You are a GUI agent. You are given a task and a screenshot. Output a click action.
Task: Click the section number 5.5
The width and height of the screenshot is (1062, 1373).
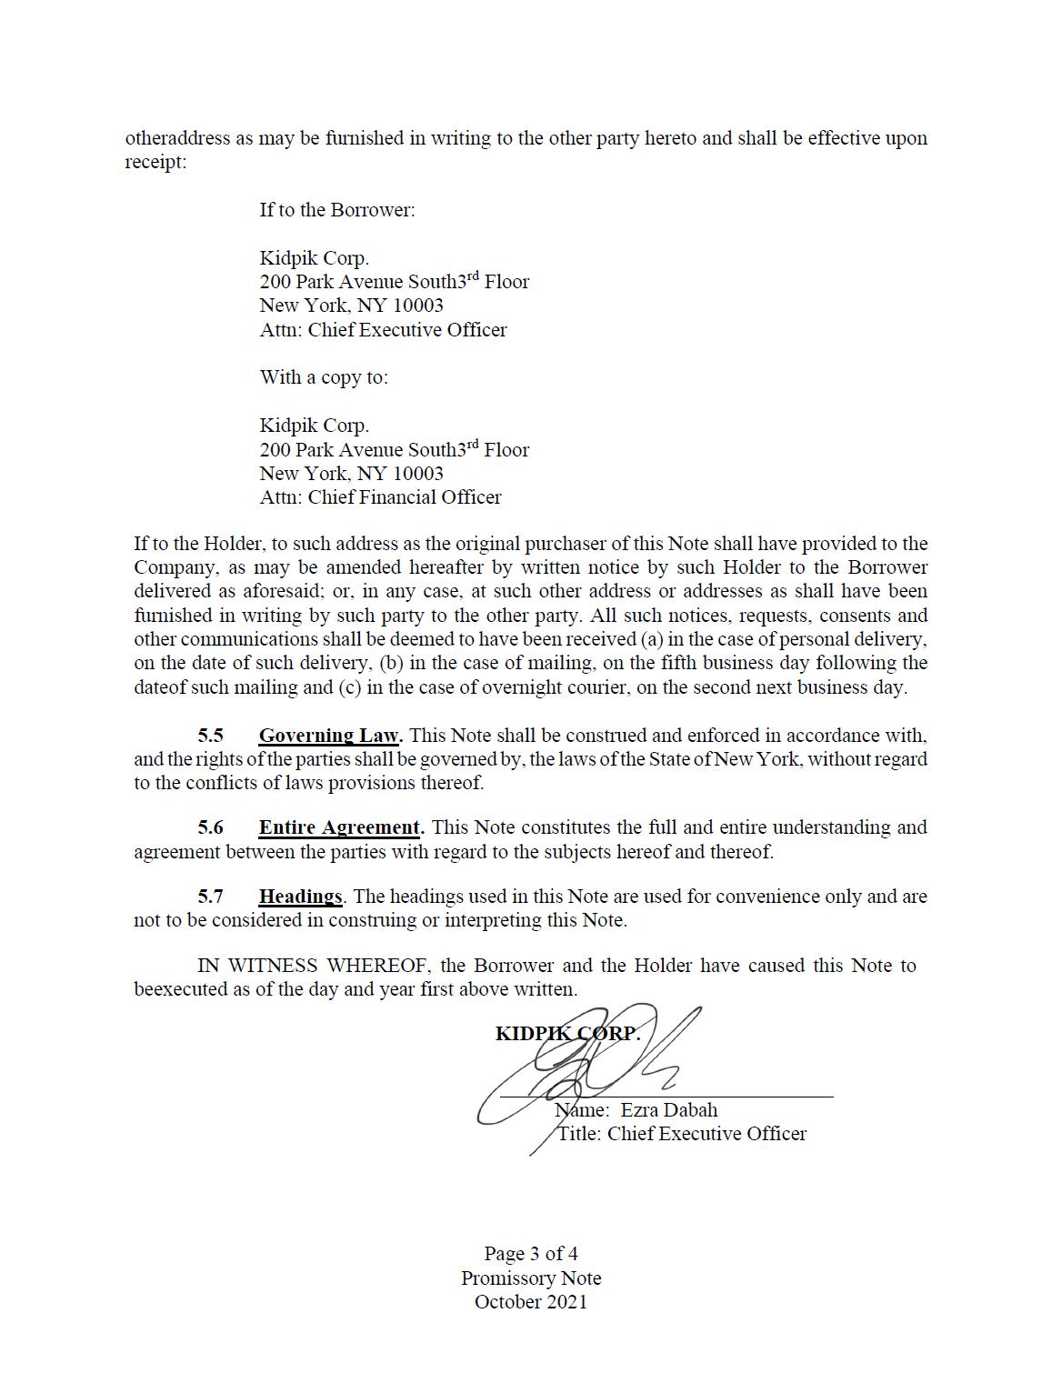point(210,736)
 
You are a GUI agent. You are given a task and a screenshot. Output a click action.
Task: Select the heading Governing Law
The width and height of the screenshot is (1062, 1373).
point(329,736)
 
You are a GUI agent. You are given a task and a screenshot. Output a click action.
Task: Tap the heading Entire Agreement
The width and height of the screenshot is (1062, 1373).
point(340,828)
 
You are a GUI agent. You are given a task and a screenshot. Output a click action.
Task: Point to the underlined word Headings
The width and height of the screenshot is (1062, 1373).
point(300,897)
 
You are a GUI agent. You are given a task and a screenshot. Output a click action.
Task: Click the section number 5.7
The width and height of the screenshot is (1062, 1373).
point(210,897)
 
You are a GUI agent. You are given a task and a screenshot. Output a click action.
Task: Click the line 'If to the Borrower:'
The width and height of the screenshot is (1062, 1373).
point(336,210)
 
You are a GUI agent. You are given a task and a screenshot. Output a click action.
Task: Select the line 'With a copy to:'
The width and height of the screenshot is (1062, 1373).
point(323,377)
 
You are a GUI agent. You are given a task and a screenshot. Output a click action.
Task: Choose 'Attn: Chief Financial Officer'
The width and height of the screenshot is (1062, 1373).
point(380,497)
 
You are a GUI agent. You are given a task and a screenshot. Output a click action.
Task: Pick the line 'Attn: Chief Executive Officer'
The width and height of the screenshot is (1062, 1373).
point(383,330)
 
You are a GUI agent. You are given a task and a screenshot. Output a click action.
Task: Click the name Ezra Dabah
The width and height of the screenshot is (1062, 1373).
point(669,1110)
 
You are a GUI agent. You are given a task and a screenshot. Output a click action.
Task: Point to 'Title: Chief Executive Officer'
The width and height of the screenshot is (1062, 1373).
point(682,1134)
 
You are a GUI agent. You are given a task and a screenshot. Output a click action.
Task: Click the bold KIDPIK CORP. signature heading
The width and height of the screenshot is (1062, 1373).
point(567,1034)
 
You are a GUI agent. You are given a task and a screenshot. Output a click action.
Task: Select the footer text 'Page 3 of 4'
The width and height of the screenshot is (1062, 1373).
point(531,1254)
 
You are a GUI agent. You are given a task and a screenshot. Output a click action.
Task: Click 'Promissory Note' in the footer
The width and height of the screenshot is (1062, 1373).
point(531,1278)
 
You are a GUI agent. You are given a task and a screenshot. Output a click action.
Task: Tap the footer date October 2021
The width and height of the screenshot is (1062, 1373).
point(531,1302)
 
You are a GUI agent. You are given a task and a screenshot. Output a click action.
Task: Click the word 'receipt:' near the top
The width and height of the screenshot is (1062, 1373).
point(155,163)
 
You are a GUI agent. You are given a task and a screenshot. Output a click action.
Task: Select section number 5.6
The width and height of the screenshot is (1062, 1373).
point(210,828)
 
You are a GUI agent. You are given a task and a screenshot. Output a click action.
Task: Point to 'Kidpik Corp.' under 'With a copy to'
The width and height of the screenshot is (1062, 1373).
point(314,426)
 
